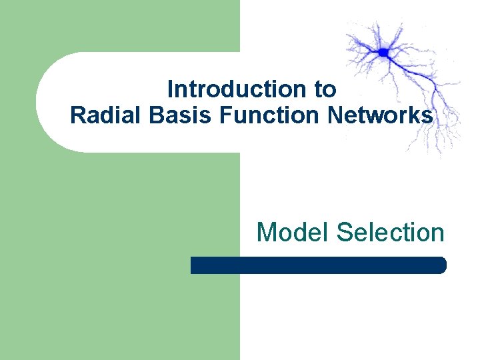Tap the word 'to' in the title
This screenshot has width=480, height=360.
[327, 89]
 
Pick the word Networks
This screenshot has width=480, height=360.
[380, 115]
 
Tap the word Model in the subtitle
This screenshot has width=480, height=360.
[293, 232]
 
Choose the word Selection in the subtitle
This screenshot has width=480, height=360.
[391, 232]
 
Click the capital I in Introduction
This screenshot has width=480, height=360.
[170, 89]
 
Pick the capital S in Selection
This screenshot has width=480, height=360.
[345, 232]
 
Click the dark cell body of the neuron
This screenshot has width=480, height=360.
[383, 52]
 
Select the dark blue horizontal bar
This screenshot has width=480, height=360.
[318, 265]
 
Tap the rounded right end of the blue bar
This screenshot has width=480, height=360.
[441, 265]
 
